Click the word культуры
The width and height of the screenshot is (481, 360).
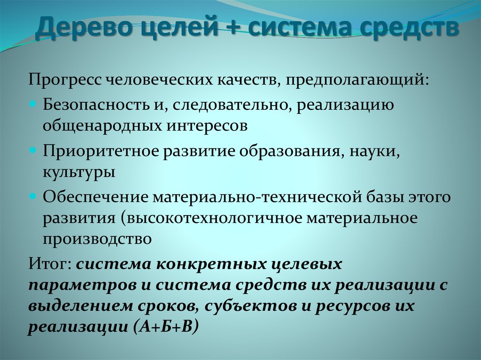coord(79,172)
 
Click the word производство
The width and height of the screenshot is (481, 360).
coord(98,239)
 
